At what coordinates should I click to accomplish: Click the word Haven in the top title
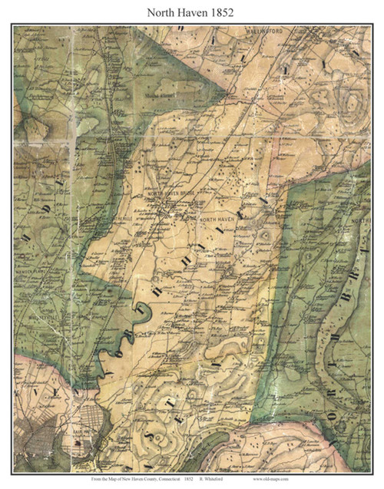(x=192, y=11)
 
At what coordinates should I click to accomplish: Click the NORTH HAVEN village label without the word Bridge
(x=214, y=220)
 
